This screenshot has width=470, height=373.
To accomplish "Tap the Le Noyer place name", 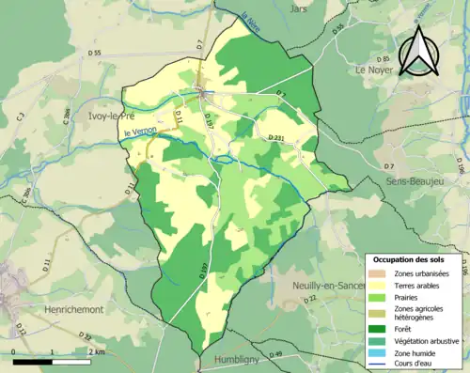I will pos(373,70).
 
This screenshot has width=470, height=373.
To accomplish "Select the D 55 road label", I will pos(93,54).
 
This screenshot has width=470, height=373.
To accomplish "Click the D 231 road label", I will pos(276,138).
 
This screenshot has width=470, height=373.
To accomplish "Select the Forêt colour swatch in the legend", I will pos(380,328).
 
